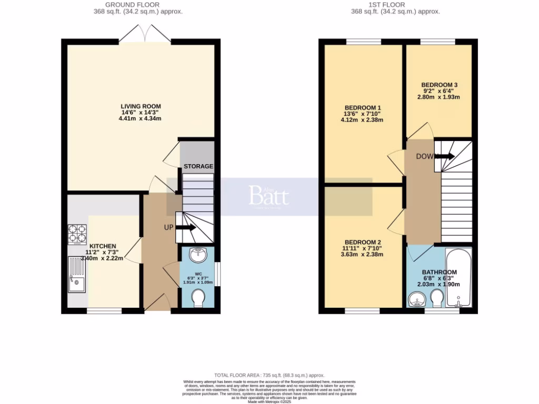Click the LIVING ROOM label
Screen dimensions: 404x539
click(141, 106)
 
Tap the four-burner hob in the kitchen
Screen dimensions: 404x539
click(77, 235)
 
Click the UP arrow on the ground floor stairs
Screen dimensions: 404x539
click(185, 228)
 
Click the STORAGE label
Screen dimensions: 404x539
click(198, 166)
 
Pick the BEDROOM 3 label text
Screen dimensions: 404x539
click(439, 85)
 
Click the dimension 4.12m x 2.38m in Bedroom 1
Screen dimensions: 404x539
click(362, 119)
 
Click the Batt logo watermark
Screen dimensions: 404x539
click(269, 196)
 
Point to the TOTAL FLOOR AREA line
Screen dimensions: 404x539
click(269, 375)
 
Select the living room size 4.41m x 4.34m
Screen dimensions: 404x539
click(141, 119)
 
